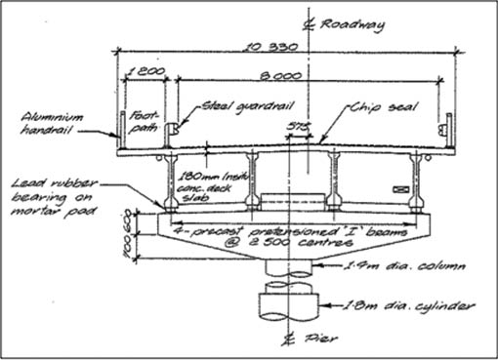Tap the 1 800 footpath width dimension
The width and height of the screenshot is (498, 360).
pyautogui.click(x=146, y=72)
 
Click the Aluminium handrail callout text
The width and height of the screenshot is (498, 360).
pyautogui.click(x=50, y=122)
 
